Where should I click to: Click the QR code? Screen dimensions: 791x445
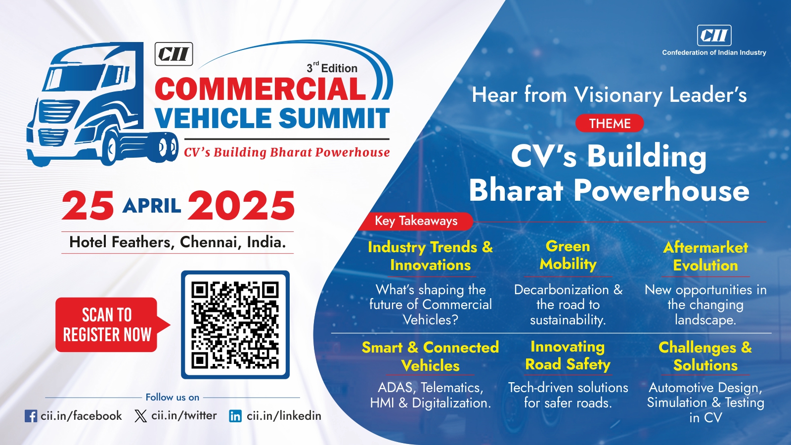(x=235, y=325)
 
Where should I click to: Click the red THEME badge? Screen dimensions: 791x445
(x=610, y=123)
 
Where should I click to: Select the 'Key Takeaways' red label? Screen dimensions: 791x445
(x=416, y=221)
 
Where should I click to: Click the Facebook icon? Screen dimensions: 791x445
(x=31, y=416)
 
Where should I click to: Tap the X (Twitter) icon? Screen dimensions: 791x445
(x=140, y=416)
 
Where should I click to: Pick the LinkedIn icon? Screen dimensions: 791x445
(x=235, y=416)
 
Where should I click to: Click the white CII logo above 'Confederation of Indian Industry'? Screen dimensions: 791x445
(x=714, y=35)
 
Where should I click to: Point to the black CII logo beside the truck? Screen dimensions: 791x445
(x=174, y=54)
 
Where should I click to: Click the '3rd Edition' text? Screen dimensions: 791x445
(x=332, y=67)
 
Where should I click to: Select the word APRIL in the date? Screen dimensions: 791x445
(x=152, y=206)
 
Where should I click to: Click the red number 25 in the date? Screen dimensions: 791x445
(x=88, y=205)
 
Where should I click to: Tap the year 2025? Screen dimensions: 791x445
(x=242, y=205)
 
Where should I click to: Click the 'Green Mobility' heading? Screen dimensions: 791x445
(x=568, y=255)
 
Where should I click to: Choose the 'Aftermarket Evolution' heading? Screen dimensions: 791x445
(x=705, y=256)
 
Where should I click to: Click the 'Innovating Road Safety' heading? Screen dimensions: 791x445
(x=568, y=356)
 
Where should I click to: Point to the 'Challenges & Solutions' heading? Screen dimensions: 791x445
(x=705, y=356)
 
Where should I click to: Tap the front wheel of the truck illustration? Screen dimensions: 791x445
(x=112, y=148)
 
